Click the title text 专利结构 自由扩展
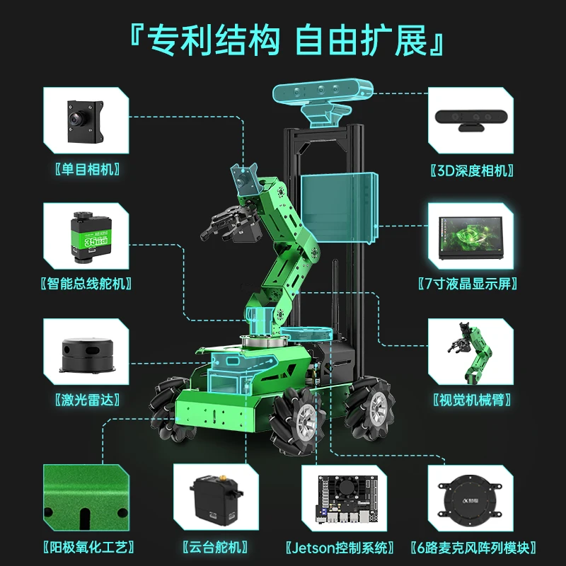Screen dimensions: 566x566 click(x=283, y=41)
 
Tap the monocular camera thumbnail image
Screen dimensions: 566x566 click(x=87, y=120)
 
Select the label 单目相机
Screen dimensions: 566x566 click(x=87, y=170)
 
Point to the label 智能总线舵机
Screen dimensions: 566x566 click(x=87, y=284)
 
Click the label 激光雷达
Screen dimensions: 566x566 click(x=87, y=398)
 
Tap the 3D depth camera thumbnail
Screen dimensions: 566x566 click(x=470, y=120)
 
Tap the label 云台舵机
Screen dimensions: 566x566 click(x=215, y=547)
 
